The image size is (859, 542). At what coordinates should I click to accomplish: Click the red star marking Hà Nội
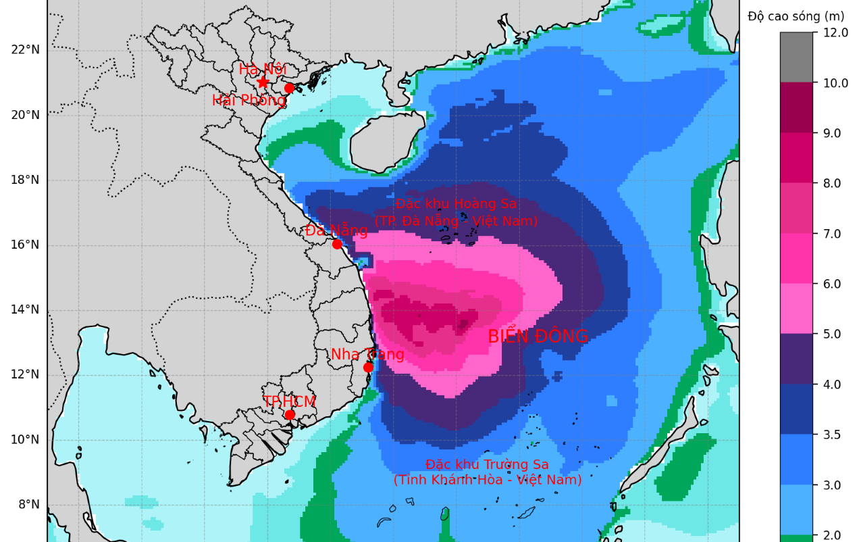coord(263,82)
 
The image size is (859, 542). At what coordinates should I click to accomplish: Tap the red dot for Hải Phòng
coord(289,88)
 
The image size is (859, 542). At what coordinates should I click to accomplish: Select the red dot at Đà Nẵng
coord(337,244)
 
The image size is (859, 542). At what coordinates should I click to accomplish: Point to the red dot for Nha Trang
coord(368,368)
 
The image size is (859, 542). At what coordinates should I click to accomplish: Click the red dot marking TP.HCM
coord(290,414)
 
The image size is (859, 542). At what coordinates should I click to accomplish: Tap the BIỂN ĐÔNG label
coord(538,337)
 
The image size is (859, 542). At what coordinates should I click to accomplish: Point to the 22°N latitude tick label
coord(26,49)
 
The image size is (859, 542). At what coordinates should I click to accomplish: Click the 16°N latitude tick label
coord(26,245)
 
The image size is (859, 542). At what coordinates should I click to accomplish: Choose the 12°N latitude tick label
coord(26,374)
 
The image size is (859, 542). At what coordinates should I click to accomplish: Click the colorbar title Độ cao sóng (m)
coord(796,16)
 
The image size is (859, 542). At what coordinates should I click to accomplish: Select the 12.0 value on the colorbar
coord(835,32)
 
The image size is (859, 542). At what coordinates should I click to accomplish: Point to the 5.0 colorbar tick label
coord(831,334)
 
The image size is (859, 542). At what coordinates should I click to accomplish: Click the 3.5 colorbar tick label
coord(831,435)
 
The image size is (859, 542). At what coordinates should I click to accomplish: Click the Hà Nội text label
coord(263,69)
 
